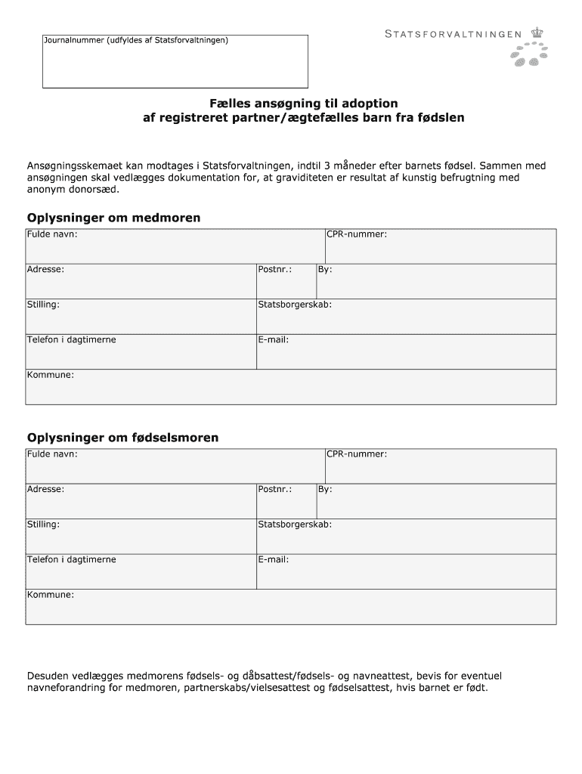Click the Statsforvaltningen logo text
click(454, 33)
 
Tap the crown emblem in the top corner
click(537, 33)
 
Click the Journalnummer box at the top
click(175, 61)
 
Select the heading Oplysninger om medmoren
click(114, 218)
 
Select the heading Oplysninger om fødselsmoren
click(123, 438)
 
